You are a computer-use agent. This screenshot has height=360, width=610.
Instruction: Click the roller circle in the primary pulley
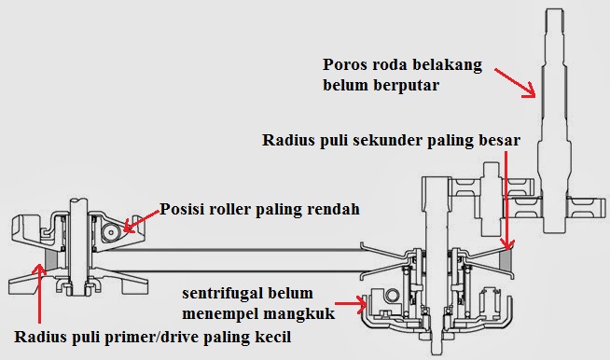coord(111,232)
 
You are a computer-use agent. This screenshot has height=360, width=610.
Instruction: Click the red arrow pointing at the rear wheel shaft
coord(515,83)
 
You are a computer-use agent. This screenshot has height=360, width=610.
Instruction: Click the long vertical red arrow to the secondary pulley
coord(506,201)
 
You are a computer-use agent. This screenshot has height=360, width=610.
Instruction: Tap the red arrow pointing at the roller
coord(142,221)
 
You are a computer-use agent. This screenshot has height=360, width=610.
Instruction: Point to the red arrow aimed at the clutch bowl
coord(351,304)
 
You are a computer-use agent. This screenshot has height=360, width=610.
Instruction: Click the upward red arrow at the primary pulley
coord(39,294)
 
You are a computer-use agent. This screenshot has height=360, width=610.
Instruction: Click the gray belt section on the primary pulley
coord(51,259)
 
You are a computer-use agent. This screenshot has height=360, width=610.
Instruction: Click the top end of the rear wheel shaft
coord(554,9)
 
